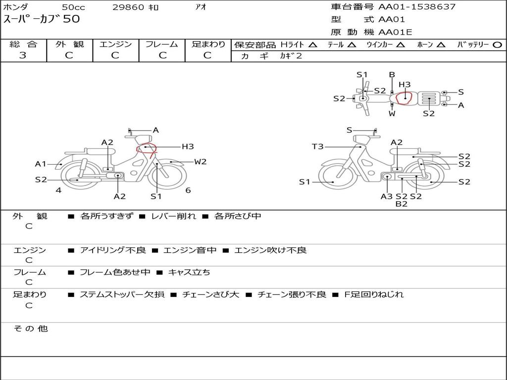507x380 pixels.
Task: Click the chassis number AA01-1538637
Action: point(417,6)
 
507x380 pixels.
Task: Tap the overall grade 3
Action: point(23,55)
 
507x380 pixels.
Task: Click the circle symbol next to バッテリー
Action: point(497,45)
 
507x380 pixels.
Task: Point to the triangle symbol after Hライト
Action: point(313,45)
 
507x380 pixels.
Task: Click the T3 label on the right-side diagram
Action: point(317,146)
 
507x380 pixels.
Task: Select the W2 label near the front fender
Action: point(200,162)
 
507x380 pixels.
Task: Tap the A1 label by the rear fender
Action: point(41,164)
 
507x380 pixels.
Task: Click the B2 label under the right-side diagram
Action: point(401,204)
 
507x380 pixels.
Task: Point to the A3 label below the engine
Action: point(386,196)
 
